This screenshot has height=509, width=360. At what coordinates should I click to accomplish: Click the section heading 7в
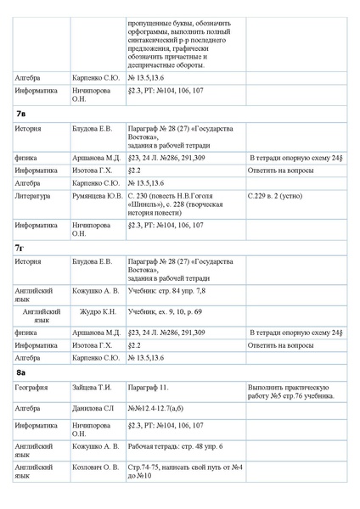21,112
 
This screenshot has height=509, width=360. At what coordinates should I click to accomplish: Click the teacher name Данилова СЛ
93,408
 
